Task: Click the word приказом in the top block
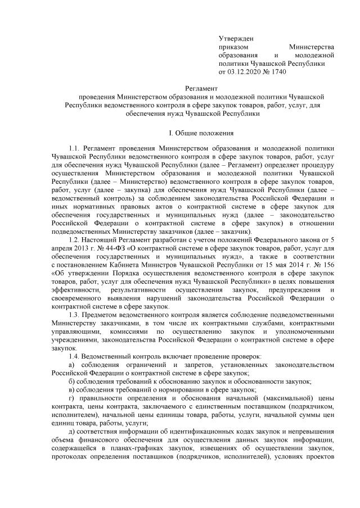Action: tap(233, 47)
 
